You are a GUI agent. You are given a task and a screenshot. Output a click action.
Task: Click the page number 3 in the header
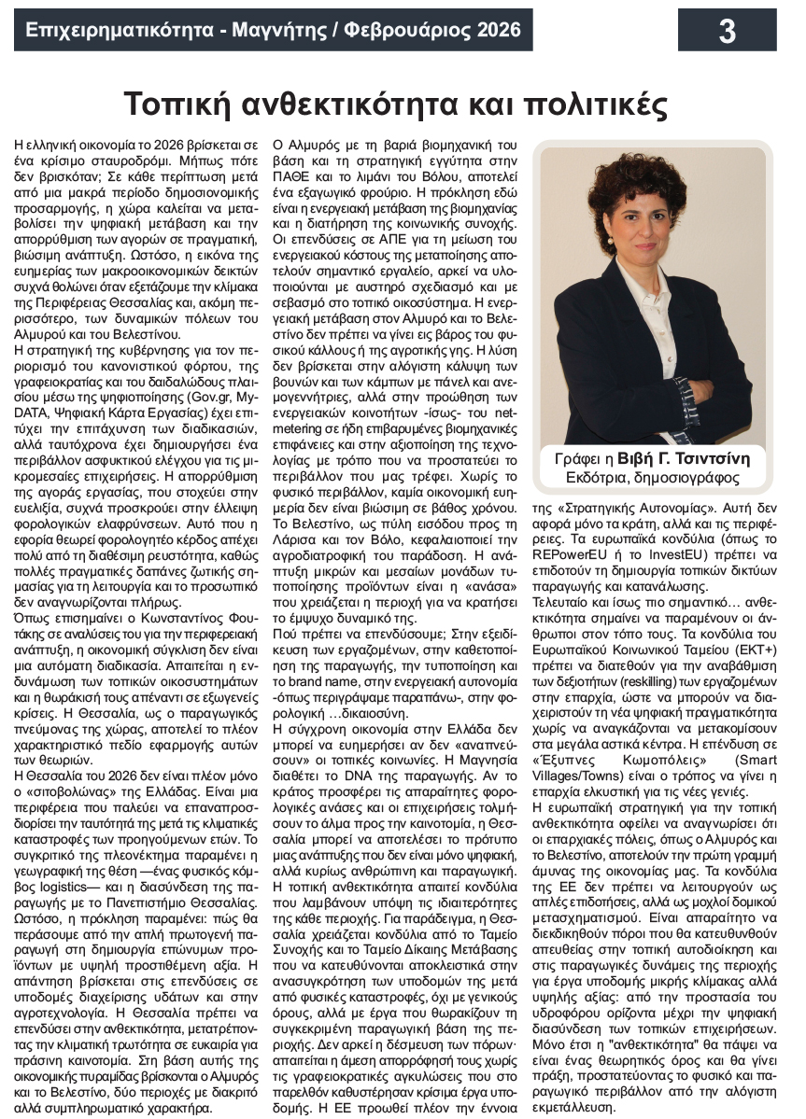point(727,31)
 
